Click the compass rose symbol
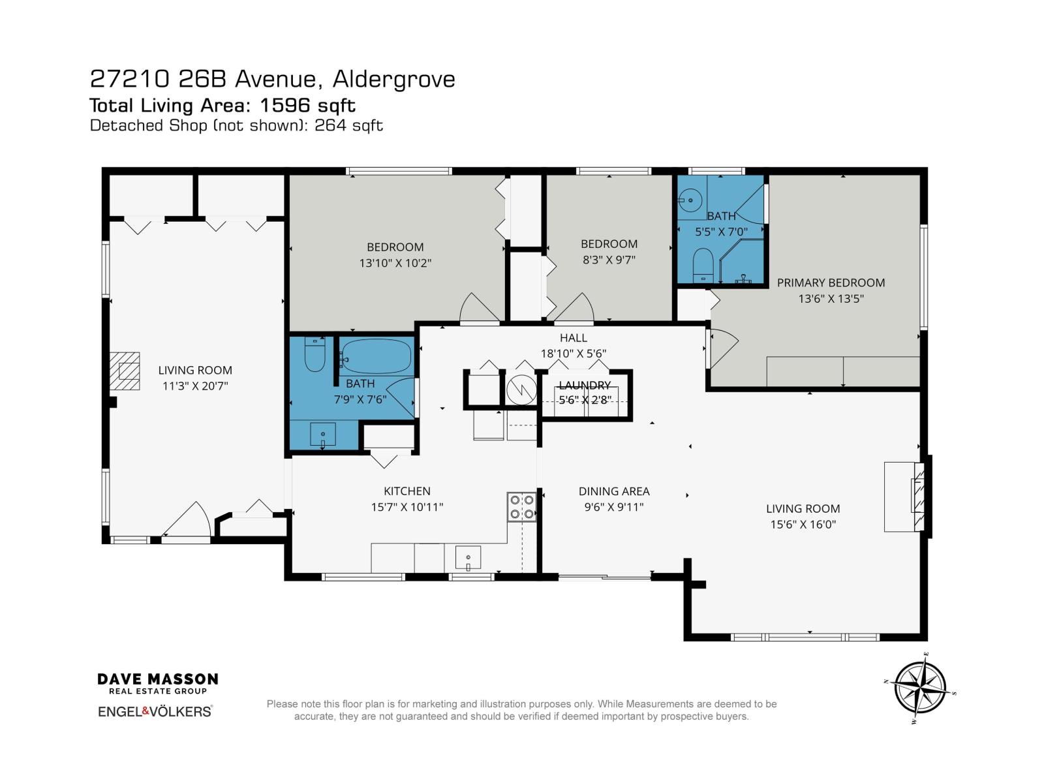(x=920, y=689)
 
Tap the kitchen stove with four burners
(x=522, y=507)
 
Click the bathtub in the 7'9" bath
(x=376, y=356)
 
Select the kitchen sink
(x=468, y=557)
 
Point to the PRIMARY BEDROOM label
(x=831, y=283)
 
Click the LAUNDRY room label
(x=585, y=385)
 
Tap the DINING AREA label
(x=614, y=491)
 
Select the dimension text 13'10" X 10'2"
(x=395, y=263)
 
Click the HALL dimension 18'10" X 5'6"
(x=573, y=354)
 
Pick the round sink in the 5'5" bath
(x=690, y=200)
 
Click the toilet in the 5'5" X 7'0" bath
(x=703, y=265)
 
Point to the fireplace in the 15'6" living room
(x=917, y=496)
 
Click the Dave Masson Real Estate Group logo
(x=158, y=683)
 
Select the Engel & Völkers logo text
(x=155, y=711)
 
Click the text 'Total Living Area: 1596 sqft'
(x=223, y=105)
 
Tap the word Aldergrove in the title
(x=393, y=79)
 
